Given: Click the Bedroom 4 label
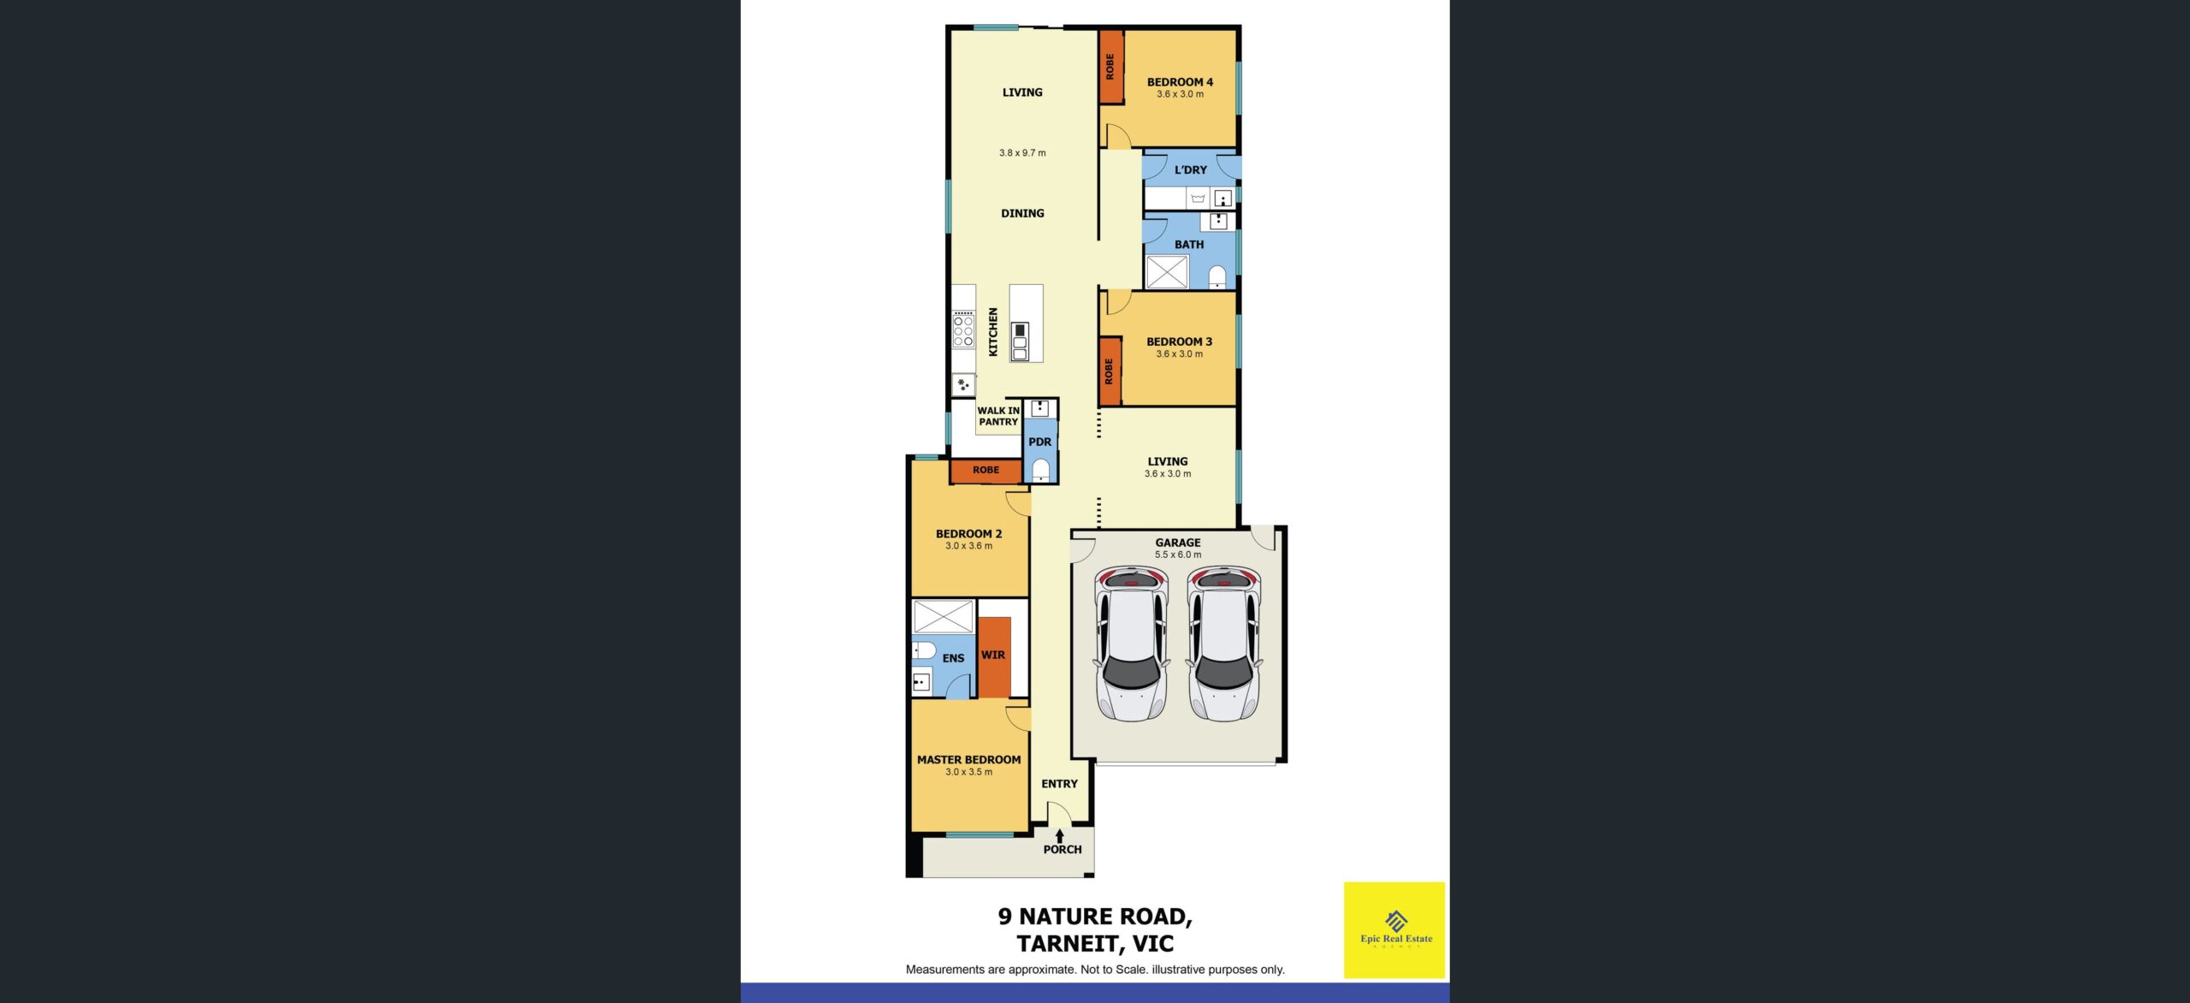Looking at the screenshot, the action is click(x=1180, y=82).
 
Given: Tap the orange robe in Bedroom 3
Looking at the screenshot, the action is click(x=1110, y=371).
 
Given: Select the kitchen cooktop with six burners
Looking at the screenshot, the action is click(x=963, y=329).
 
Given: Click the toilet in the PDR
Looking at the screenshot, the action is click(x=1040, y=470).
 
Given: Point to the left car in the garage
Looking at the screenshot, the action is click(x=1131, y=644).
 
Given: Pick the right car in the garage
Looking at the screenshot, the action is click(x=1223, y=644).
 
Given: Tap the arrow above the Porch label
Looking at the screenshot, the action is click(x=1059, y=836).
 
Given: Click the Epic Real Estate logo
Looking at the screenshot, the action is click(x=1394, y=929).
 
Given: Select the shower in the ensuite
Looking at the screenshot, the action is click(x=943, y=616).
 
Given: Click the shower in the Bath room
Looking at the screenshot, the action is click(x=1167, y=272).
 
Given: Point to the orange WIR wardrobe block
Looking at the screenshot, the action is click(x=994, y=657).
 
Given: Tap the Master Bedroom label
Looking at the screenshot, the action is click(x=968, y=759).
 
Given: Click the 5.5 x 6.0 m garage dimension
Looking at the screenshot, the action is click(x=1178, y=555).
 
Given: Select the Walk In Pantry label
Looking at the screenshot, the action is click(x=998, y=416).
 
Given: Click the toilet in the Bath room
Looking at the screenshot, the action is click(x=1216, y=276).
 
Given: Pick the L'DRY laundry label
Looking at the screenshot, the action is click(x=1190, y=169).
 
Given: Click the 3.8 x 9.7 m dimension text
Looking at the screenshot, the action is click(x=1022, y=153).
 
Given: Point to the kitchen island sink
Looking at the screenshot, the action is click(x=1020, y=341).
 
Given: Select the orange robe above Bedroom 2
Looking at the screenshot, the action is click(x=985, y=471).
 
